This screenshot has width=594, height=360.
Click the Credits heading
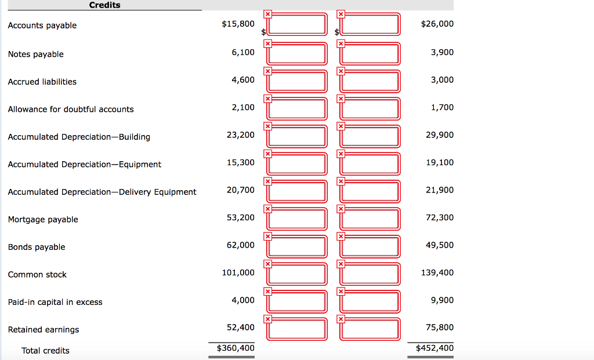point(105,5)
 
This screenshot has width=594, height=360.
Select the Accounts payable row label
point(42,26)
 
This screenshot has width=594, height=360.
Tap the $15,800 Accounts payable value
point(238,24)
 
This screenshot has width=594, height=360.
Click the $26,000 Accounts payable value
point(438,24)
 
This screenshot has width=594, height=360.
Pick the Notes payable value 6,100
point(243,52)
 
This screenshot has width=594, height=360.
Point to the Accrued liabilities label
point(42,82)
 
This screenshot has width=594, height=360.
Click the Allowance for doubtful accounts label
point(71,110)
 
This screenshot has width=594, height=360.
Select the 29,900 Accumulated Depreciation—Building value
point(440,135)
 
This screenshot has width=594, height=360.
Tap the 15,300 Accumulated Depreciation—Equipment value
point(241,162)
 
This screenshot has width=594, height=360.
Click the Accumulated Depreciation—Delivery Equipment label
point(102,192)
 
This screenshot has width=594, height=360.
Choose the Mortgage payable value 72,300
point(440,217)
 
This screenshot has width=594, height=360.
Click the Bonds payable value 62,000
point(241,245)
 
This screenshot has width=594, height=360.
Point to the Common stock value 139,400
point(437,272)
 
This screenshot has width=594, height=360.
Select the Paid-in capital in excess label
point(55,302)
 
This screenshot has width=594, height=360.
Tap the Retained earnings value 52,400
point(241,328)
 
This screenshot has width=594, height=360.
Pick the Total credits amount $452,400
point(435,348)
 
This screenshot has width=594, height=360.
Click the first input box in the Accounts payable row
point(297,24)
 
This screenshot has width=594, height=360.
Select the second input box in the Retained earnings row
point(370,328)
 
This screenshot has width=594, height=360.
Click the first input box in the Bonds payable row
point(297,245)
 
